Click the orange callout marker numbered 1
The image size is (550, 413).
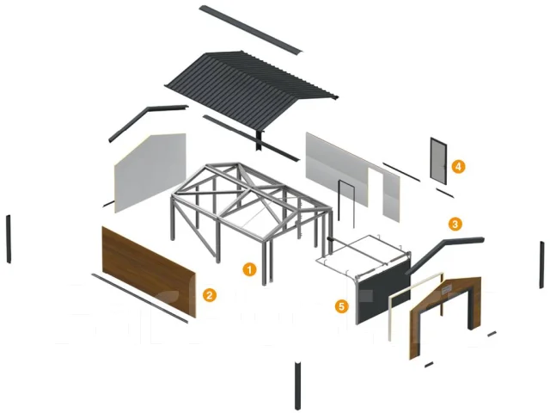point(249,269)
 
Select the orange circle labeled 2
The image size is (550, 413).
point(210,295)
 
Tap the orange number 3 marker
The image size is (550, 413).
point(455,224)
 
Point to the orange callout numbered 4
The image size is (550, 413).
point(458,166)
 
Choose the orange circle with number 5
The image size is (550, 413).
point(342,306)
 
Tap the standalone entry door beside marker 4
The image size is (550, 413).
point(438,161)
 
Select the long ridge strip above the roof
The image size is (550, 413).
point(251,29)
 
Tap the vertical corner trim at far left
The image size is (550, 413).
point(9,239)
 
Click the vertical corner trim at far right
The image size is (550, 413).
point(542,265)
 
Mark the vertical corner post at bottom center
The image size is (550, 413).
point(297,385)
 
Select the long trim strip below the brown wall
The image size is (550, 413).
point(139,298)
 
